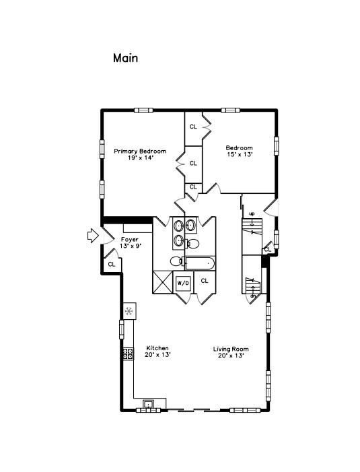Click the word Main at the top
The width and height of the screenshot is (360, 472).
click(125, 58)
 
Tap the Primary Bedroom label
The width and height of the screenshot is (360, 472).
click(139, 154)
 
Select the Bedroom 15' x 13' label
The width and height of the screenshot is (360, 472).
click(239, 151)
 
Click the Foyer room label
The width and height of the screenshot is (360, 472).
click(130, 243)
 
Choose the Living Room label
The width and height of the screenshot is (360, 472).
click(231, 351)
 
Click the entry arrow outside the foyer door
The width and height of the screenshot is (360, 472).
click(93, 235)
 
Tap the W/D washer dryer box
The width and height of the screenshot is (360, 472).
click(183, 283)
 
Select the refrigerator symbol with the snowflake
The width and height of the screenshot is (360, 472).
click(129, 310)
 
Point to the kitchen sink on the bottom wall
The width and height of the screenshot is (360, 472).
click(149, 404)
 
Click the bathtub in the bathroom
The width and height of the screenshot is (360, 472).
click(199, 263)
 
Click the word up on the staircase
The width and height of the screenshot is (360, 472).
click(252, 214)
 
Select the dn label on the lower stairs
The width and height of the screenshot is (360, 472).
click(253, 295)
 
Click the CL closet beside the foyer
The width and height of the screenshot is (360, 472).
click(111, 265)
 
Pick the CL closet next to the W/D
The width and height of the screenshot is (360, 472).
click(205, 281)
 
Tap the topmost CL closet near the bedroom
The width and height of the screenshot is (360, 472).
click(193, 127)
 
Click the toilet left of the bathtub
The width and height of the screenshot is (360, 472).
click(176, 261)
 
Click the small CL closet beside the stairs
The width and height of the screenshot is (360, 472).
click(267, 250)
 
